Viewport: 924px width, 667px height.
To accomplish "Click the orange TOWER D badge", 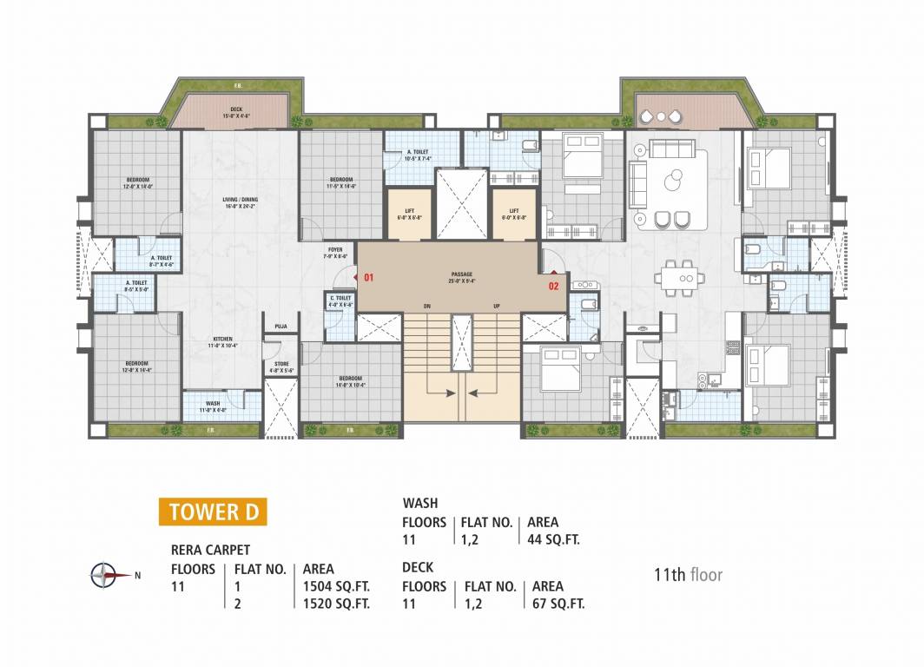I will [x=213, y=512].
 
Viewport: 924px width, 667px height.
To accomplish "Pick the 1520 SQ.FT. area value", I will [x=336, y=604].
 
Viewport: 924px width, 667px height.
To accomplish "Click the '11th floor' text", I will [x=688, y=574].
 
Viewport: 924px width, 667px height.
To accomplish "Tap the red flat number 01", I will [x=368, y=278].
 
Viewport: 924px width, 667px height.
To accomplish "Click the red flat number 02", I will [x=553, y=283].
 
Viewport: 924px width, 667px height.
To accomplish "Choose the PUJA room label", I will [x=280, y=327].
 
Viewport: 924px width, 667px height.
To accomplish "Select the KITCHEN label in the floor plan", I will [x=224, y=342].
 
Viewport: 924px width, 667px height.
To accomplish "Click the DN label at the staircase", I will [x=426, y=307].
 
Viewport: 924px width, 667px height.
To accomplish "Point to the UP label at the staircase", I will [x=496, y=307].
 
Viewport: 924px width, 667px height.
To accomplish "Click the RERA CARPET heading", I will [x=210, y=550].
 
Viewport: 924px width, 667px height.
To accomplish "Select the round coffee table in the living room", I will [x=673, y=182].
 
